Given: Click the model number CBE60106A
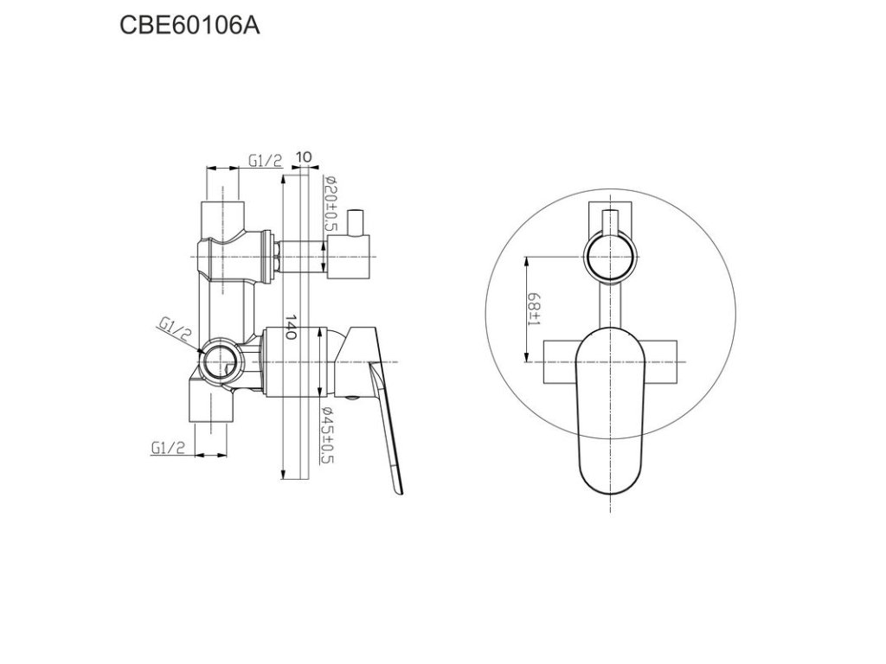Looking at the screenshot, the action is [189, 25].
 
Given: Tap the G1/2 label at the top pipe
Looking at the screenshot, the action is [265, 161].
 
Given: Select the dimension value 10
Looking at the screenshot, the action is [303, 156].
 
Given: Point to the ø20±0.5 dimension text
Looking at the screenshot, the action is [329, 204].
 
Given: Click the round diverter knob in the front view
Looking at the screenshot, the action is [611, 257].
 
